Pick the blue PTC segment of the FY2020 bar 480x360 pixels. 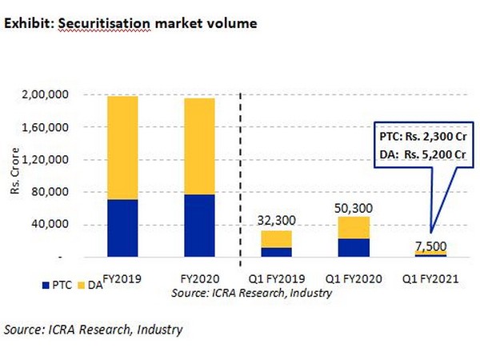[194, 226]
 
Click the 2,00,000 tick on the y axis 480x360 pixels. [64, 95]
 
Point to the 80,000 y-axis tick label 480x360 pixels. [69, 193]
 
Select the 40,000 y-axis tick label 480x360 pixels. [69, 225]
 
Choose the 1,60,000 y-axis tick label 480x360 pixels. [64, 128]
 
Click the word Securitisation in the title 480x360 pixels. [90, 23]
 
